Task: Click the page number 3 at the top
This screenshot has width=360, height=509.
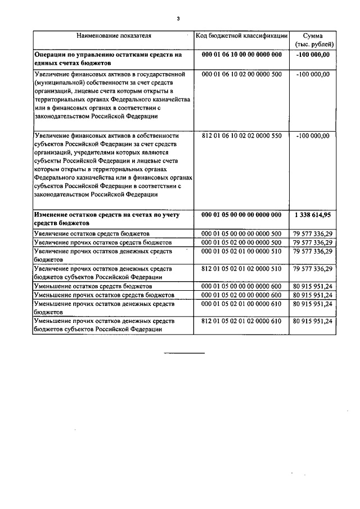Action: (178, 19)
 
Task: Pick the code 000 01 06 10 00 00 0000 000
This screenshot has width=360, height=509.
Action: (241, 55)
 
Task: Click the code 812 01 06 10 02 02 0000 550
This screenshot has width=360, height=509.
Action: (241, 136)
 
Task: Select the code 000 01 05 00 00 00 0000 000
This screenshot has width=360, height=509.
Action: (241, 215)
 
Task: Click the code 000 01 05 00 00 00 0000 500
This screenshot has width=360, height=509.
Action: (241, 233)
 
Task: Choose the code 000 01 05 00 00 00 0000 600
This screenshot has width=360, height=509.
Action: (241, 286)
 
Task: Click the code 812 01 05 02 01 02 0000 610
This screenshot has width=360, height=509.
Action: (241, 321)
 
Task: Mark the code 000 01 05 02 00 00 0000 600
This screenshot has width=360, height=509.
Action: (241, 295)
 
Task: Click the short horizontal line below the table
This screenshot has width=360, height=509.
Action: (184, 353)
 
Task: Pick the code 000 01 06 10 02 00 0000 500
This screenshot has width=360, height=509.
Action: (241, 74)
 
